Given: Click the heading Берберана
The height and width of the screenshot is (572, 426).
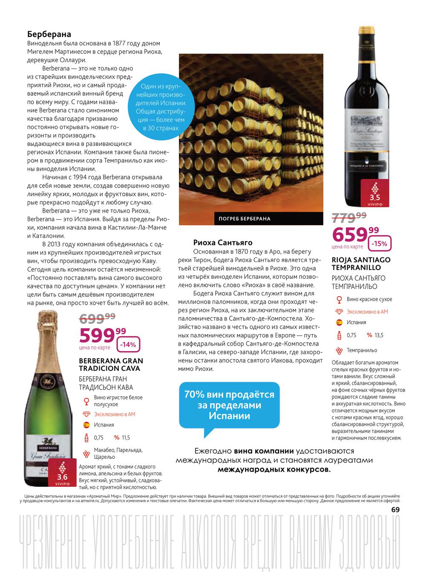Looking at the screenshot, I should (x=49, y=34).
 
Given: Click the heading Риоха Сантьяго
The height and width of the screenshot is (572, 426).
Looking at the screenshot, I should (x=223, y=243).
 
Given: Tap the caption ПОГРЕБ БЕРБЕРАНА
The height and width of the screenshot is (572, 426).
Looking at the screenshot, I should (x=245, y=219).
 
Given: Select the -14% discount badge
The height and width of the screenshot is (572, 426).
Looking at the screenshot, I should (x=127, y=345).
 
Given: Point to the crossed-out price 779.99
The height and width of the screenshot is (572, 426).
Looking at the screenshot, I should (x=349, y=217).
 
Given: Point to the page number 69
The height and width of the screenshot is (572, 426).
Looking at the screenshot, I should (x=395, y=510).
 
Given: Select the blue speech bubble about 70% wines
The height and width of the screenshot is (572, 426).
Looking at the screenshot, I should (x=229, y=405).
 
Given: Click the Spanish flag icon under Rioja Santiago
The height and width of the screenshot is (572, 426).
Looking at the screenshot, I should (x=339, y=323).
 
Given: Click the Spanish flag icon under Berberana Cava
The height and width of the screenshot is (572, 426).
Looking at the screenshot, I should (x=86, y=425).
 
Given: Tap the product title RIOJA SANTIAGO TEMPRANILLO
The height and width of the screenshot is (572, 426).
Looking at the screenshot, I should (x=361, y=263).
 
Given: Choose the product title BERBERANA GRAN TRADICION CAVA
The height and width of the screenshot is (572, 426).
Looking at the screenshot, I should (x=111, y=365).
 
